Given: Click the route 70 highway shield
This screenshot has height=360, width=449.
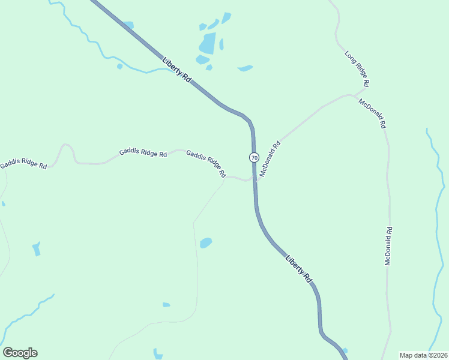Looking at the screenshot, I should [x=254, y=158].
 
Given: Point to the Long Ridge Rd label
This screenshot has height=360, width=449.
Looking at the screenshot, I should [x=357, y=67].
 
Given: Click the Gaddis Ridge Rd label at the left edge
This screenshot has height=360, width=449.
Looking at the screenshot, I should [x=23, y=164].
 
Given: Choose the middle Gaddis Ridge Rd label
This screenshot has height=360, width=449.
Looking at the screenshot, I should [x=143, y=152].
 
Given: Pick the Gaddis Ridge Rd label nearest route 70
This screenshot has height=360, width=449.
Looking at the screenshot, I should [x=206, y=163].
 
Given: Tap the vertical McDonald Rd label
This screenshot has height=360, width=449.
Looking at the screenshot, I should [x=388, y=246].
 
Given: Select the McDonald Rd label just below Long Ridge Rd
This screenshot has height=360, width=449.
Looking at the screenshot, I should [x=372, y=114].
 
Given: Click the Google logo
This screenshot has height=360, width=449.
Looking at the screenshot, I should [x=20, y=353].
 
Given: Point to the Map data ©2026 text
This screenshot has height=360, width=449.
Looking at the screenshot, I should [x=423, y=355].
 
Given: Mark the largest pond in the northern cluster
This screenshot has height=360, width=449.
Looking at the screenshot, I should [x=207, y=44].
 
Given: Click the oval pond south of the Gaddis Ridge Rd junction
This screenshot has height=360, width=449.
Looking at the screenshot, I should [x=206, y=242].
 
